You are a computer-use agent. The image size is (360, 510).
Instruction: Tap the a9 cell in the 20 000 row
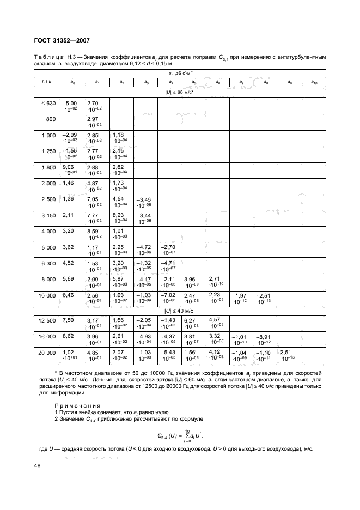coord(289,371)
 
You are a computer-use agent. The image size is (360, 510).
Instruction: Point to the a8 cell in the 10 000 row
coord(265,301)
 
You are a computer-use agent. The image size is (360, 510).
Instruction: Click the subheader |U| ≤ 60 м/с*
coord(180,92)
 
